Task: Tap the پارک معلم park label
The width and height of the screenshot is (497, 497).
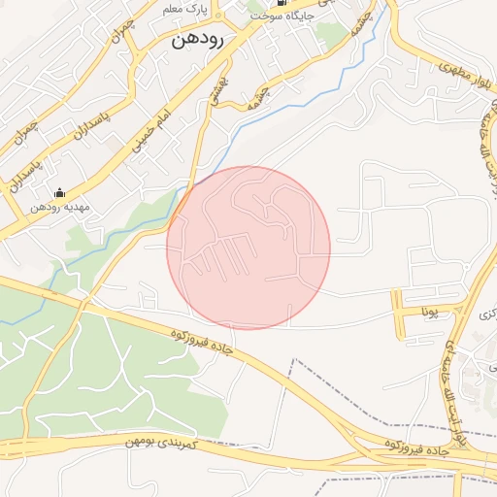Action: coord(158,9)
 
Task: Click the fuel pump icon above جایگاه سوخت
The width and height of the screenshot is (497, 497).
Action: coord(255,3)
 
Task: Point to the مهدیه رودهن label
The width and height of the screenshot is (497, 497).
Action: coord(59,207)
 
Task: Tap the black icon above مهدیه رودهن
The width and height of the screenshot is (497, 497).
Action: coord(59,192)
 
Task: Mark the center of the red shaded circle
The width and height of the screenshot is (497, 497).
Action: coord(248,248)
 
